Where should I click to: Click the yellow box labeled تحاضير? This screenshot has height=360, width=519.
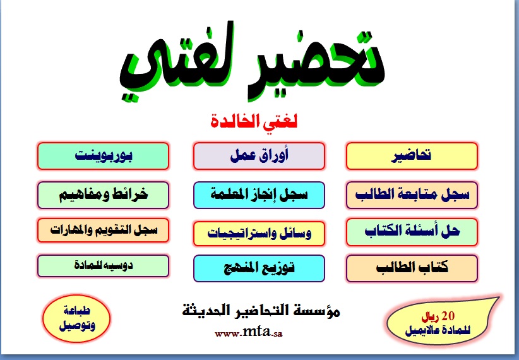(412, 156)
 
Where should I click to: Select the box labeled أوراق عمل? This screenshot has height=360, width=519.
(259, 156)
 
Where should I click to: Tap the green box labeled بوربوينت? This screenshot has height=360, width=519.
(104, 156)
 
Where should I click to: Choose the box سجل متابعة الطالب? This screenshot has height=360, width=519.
(412, 195)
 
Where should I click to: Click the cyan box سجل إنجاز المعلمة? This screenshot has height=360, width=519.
(259, 195)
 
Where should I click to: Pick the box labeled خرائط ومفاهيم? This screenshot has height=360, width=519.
(104, 195)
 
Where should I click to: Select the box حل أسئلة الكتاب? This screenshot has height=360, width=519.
(412, 232)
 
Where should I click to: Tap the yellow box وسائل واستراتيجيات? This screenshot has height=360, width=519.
(259, 234)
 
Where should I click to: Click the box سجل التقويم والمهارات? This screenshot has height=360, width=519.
(104, 230)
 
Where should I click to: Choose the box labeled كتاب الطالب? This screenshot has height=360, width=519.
(412, 268)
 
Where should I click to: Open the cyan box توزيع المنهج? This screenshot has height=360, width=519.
(259, 268)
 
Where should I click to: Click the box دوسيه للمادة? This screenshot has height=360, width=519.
(104, 266)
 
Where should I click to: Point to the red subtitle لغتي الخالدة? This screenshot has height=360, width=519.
(254, 121)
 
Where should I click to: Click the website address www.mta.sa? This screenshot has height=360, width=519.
(249, 332)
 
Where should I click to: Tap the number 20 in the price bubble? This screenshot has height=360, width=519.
(448, 316)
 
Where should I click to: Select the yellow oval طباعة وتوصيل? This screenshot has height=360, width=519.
(76, 318)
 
